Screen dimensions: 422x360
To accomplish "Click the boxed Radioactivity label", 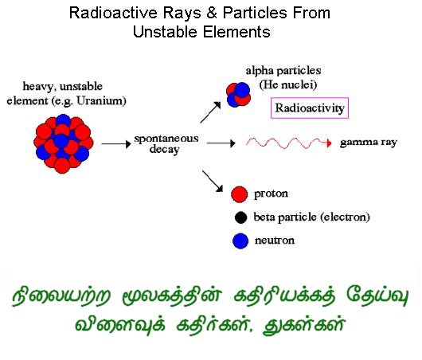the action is [310, 108].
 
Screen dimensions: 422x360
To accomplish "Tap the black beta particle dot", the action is [240, 217].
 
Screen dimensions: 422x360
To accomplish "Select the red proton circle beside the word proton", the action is [239, 194].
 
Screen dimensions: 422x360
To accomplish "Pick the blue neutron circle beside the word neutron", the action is [240, 241].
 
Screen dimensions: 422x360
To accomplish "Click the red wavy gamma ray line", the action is [287, 143].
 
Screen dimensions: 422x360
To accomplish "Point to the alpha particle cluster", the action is [238, 95].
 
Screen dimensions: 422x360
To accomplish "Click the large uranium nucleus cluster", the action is [63, 144].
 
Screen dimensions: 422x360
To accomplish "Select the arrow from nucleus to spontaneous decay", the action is [116, 144].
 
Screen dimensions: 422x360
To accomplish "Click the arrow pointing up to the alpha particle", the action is [210, 112].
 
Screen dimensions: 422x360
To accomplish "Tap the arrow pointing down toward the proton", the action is [213, 182].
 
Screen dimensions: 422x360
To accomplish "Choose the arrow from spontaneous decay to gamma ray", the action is [221, 143].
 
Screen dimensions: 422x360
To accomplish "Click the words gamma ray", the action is [368, 143].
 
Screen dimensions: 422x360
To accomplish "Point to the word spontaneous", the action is [166, 139].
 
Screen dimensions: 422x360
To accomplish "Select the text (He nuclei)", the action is [288, 84].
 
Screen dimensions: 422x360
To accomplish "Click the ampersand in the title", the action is [212, 13].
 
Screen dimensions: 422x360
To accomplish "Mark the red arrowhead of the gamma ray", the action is [329, 143].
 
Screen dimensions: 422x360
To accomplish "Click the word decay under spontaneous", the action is [165, 150].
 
